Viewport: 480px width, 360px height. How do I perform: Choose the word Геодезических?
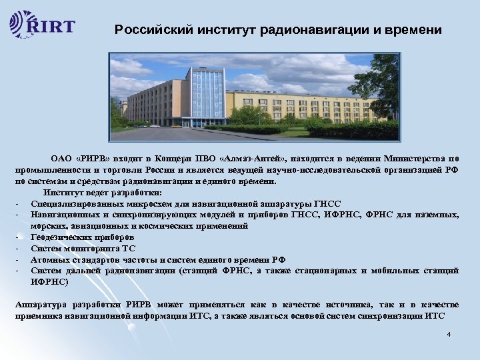[61, 237]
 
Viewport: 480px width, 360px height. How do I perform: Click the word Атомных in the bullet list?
[49, 259]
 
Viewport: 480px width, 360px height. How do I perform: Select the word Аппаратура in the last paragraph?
[40, 304]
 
